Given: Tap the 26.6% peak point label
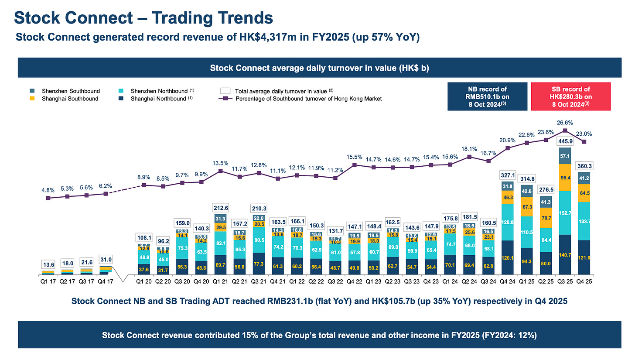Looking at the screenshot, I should point(565,123).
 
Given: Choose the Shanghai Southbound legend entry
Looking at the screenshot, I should point(70,99).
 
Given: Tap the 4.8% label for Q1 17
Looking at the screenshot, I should point(48,190).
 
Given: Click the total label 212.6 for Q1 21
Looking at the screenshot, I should point(220,207).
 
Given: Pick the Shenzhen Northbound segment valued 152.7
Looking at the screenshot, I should point(565,213).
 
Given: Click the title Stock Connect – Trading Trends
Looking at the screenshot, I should point(143,18).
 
